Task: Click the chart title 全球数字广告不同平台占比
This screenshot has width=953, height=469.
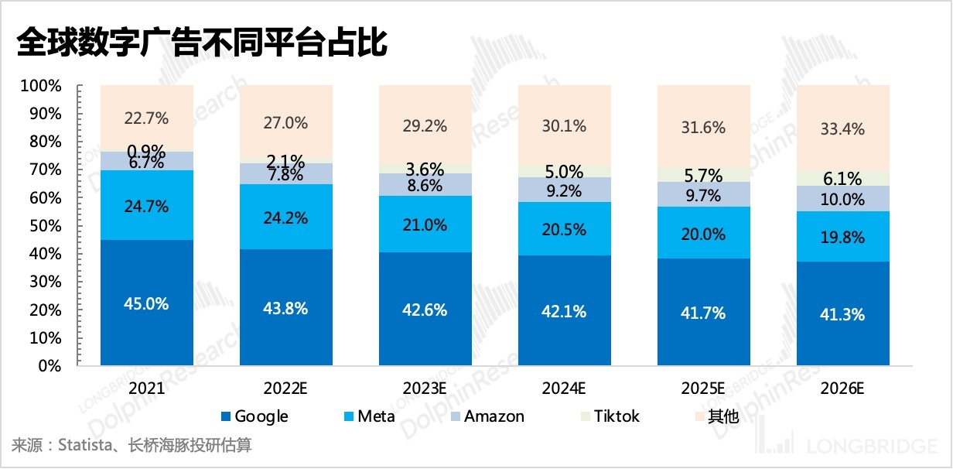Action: click(x=200, y=43)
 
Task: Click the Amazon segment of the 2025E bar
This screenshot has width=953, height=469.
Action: click(x=703, y=194)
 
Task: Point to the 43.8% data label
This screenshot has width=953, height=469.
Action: click(x=285, y=308)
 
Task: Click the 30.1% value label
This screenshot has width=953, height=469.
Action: click(x=564, y=126)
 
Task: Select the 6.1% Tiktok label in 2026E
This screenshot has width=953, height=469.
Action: click(x=842, y=179)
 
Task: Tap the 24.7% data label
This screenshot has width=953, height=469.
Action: click(x=146, y=206)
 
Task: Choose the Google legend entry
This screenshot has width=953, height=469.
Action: click(x=254, y=416)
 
